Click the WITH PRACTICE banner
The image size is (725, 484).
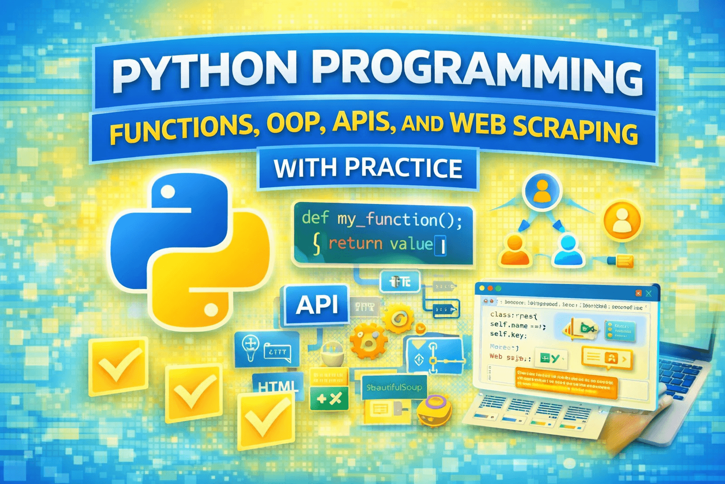pos(368,168)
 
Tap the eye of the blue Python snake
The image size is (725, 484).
pos(169,191)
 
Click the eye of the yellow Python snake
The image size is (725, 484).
pos(211,310)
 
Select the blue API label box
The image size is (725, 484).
pos(317,305)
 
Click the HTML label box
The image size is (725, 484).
pos(277,387)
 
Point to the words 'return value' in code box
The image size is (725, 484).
pos(380,244)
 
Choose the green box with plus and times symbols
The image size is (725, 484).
pos(329,399)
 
